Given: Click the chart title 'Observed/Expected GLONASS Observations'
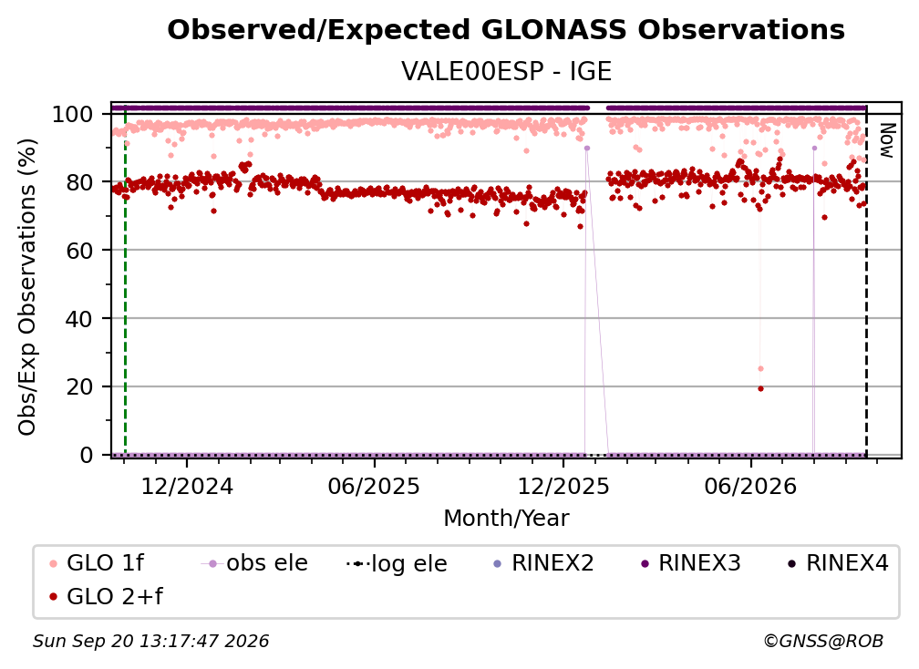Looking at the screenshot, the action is click(506, 30).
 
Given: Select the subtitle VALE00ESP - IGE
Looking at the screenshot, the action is click(506, 71).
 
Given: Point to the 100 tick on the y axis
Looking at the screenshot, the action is click(72, 114).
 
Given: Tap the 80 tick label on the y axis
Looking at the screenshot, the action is click(79, 182).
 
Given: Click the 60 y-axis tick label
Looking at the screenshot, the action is click(79, 250).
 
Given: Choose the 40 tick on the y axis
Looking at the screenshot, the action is click(79, 319).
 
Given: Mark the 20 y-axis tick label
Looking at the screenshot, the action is click(79, 386).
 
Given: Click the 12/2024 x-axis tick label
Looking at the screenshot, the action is click(187, 486).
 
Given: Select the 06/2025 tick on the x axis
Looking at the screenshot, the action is click(374, 486).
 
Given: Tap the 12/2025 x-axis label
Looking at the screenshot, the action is click(563, 486).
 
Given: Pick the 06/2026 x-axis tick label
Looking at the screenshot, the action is click(751, 486).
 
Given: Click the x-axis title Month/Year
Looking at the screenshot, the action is click(506, 519).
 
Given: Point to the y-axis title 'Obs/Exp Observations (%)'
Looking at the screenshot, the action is click(27, 286).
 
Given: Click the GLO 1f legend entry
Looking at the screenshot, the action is click(97, 563).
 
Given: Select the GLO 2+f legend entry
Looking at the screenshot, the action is click(106, 596).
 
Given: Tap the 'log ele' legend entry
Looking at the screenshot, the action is click(397, 563).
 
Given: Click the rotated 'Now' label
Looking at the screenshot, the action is click(887, 140).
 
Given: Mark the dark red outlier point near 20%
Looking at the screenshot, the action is click(760, 388).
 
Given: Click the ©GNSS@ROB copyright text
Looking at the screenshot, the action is click(823, 641).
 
